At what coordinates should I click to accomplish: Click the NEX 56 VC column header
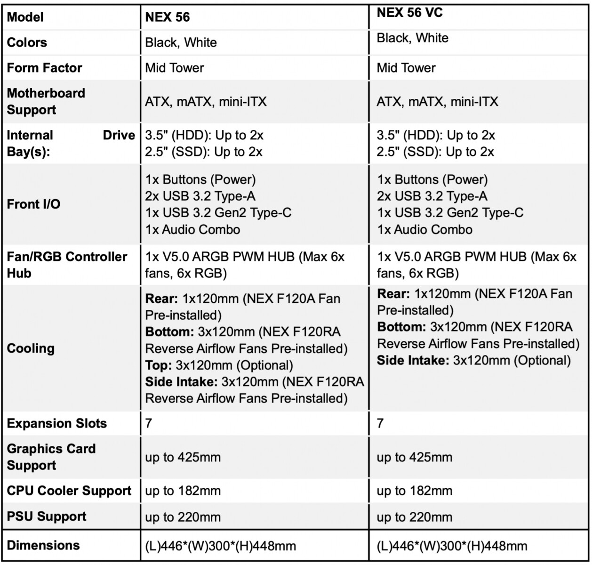tap(410, 13)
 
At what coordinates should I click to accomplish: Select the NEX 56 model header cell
tap(168, 17)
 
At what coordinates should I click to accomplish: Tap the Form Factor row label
tap(45, 68)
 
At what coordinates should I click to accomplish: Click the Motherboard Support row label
tap(46, 101)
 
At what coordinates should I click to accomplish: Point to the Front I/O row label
tap(34, 204)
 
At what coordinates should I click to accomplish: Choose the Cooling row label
tap(31, 348)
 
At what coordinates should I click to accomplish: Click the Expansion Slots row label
tap(57, 423)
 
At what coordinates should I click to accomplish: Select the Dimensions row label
tap(43, 545)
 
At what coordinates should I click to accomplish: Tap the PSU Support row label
tap(47, 517)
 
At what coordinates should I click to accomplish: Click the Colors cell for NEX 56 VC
tap(413, 38)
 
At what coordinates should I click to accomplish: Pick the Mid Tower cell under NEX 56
tap(175, 68)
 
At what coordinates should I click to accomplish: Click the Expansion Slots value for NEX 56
tap(149, 423)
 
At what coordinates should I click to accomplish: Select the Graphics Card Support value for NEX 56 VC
tap(414, 457)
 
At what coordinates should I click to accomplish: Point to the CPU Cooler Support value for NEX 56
tap(183, 491)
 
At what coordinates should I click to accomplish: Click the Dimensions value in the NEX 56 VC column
tap(452, 546)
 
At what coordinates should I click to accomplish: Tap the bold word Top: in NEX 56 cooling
tap(159, 365)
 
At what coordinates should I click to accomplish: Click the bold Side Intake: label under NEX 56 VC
tap(413, 361)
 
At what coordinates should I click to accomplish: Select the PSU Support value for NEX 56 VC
tap(415, 517)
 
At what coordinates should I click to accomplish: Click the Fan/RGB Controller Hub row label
tap(67, 265)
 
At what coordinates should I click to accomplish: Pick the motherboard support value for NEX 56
tap(206, 102)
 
